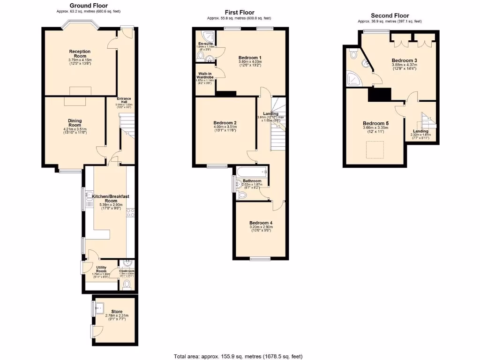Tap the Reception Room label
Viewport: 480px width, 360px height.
click(x=80, y=54)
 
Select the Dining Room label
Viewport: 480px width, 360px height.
click(x=75, y=123)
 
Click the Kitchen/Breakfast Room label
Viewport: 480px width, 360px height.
click(x=111, y=198)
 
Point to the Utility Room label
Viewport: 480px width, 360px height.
click(x=101, y=269)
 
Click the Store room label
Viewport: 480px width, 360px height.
click(x=117, y=311)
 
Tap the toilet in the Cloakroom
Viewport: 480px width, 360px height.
click(x=127, y=284)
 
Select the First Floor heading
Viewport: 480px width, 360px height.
click(x=239, y=12)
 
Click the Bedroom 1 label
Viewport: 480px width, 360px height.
click(x=250, y=58)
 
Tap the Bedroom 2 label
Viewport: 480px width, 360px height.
click(x=225, y=123)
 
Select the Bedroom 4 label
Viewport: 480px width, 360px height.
click(x=261, y=223)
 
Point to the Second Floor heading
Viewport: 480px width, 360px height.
click(x=390, y=15)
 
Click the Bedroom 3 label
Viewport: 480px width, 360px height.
click(x=404, y=60)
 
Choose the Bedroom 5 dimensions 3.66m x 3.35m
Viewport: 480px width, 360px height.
click(x=374, y=127)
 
